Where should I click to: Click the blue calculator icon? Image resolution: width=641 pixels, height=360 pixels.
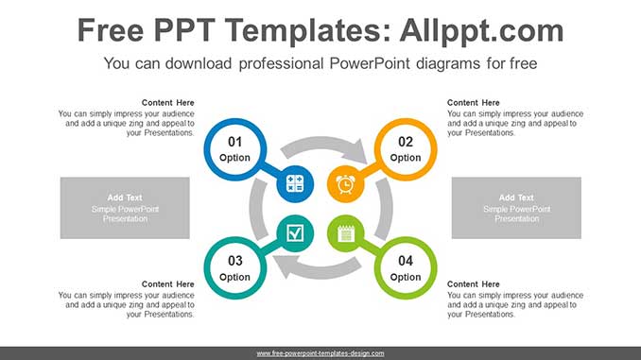[295, 183]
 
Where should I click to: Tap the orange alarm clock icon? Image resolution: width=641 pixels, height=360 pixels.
[345, 183]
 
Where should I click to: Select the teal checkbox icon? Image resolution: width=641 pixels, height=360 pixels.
[295, 232]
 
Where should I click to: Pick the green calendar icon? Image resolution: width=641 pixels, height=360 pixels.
[345, 232]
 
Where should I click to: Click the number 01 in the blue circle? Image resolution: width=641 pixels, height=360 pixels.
[235, 142]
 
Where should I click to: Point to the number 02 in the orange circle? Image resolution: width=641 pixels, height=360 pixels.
[406, 142]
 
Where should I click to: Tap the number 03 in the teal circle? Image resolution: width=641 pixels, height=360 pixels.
[235, 261]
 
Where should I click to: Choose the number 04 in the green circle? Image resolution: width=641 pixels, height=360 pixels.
[406, 261]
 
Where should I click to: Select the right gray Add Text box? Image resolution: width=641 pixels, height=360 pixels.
[516, 207]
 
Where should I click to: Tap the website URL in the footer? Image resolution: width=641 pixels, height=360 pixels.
[320, 353]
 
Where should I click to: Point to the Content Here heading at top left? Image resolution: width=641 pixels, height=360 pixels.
[168, 102]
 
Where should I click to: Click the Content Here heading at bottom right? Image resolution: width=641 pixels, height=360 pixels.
[474, 283]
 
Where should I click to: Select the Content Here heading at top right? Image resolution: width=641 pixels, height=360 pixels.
[474, 102]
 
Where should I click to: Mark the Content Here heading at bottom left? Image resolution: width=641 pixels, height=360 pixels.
[168, 283]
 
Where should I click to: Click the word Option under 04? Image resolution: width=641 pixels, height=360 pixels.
[406, 277]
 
